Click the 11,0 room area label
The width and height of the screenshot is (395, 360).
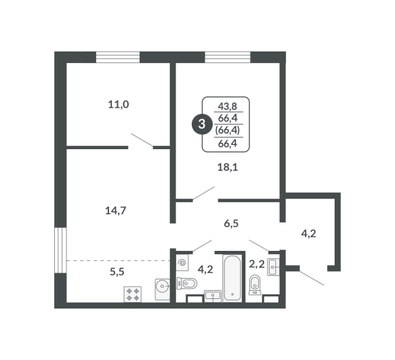pyautogui.click(x=119, y=104)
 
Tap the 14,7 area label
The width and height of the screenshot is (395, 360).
pyautogui.click(x=115, y=210)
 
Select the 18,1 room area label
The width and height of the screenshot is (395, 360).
pyautogui.click(x=228, y=167)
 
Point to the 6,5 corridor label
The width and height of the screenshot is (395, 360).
pyautogui.click(x=231, y=223)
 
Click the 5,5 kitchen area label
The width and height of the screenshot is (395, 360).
pyautogui.click(x=117, y=271)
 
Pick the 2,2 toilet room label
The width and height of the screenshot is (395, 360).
pyautogui.click(x=257, y=264)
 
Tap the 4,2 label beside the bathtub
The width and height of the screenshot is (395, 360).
pyautogui.click(x=205, y=270)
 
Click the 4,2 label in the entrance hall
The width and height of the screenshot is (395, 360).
pyautogui.click(x=308, y=234)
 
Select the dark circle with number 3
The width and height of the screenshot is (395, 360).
pyautogui.click(x=202, y=124)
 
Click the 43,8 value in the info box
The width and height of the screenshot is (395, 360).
pyautogui.click(x=228, y=106)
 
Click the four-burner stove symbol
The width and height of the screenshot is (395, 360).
pyautogui.click(x=133, y=294)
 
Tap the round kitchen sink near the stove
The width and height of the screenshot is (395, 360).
pyautogui.click(x=163, y=289)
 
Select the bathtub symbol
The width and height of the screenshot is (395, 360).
pyautogui.click(x=232, y=278)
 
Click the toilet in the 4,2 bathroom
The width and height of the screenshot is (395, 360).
pyautogui.click(x=187, y=283)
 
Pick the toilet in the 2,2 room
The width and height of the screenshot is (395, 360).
pyautogui.click(x=255, y=285)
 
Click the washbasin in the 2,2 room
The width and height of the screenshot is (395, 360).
pyautogui.click(x=273, y=267)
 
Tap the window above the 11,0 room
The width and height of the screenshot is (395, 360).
pyautogui.click(x=118, y=57)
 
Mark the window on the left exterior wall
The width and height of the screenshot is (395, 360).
pyautogui.click(x=60, y=250)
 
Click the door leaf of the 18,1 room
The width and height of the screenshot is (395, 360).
pyautogui.click(x=203, y=194)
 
